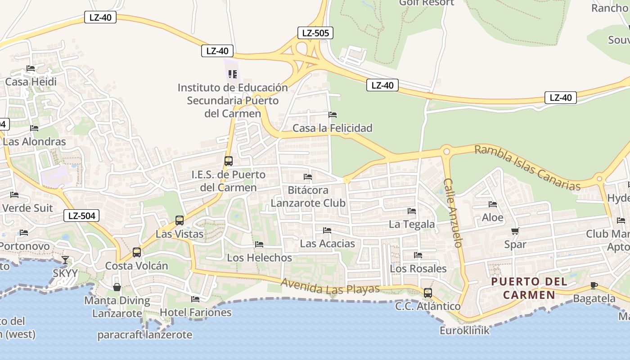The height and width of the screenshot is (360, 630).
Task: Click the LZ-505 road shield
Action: point(315,33)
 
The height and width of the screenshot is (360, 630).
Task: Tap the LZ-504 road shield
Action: point(81,216)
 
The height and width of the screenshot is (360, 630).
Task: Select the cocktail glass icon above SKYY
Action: point(65,260)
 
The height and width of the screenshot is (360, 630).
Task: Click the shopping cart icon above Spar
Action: point(515,231)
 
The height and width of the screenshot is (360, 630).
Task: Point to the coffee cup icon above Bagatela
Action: point(594,285)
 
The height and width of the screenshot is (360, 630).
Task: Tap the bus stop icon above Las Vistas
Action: point(180,220)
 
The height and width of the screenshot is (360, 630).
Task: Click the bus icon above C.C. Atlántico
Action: point(428,293)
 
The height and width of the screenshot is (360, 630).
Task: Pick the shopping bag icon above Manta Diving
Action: point(117,287)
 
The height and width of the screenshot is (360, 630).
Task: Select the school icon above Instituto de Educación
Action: point(232,74)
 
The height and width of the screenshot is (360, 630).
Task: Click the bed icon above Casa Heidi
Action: point(31,68)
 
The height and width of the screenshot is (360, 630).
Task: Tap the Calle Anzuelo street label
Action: point(453,212)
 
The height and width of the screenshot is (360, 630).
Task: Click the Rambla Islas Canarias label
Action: point(527,168)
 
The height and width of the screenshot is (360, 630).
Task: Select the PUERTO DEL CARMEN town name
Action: point(529,288)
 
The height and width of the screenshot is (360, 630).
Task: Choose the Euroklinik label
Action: point(464,331)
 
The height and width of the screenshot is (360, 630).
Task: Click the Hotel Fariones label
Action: point(196,312)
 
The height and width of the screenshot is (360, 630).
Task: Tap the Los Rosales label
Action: point(418,269)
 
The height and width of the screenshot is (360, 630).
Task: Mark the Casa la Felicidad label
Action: point(333,128)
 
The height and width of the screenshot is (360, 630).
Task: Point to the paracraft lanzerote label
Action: point(145,335)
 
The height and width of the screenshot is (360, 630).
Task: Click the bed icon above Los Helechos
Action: point(259,244)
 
